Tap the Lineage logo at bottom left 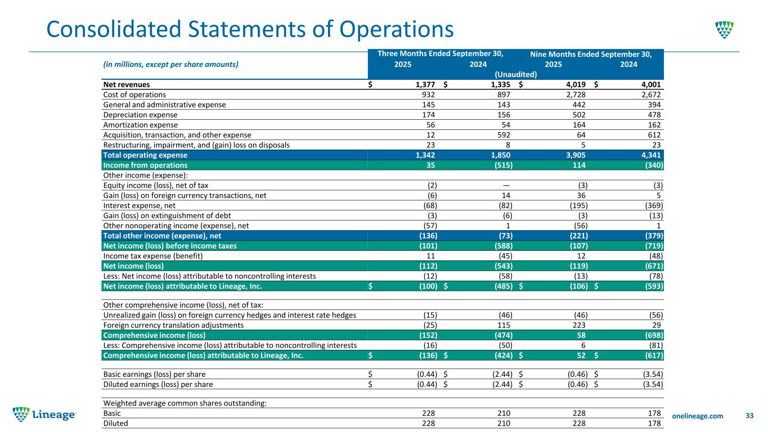45,415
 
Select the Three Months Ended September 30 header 440,54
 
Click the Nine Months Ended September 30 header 591,55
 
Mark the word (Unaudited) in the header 515,74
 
